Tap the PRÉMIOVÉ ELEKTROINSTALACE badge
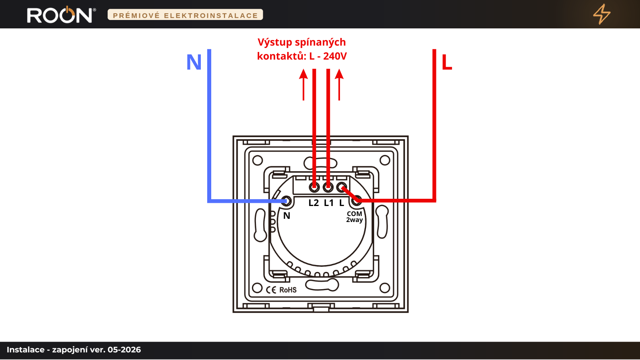(185, 15)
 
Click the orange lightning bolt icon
(602, 14)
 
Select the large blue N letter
(194, 62)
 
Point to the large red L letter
(446, 62)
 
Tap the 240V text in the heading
(335, 56)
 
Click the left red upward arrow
(304, 84)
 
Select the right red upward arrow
(339, 84)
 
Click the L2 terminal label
(314, 203)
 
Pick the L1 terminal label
(328, 203)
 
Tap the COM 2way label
(354, 217)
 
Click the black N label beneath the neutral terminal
(286, 216)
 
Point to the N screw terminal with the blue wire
(286, 201)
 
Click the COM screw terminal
(356, 201)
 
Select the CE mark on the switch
(271, 290)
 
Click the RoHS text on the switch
(288, 290)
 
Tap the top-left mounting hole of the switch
(258, 160)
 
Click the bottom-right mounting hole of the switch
(384, 288)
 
